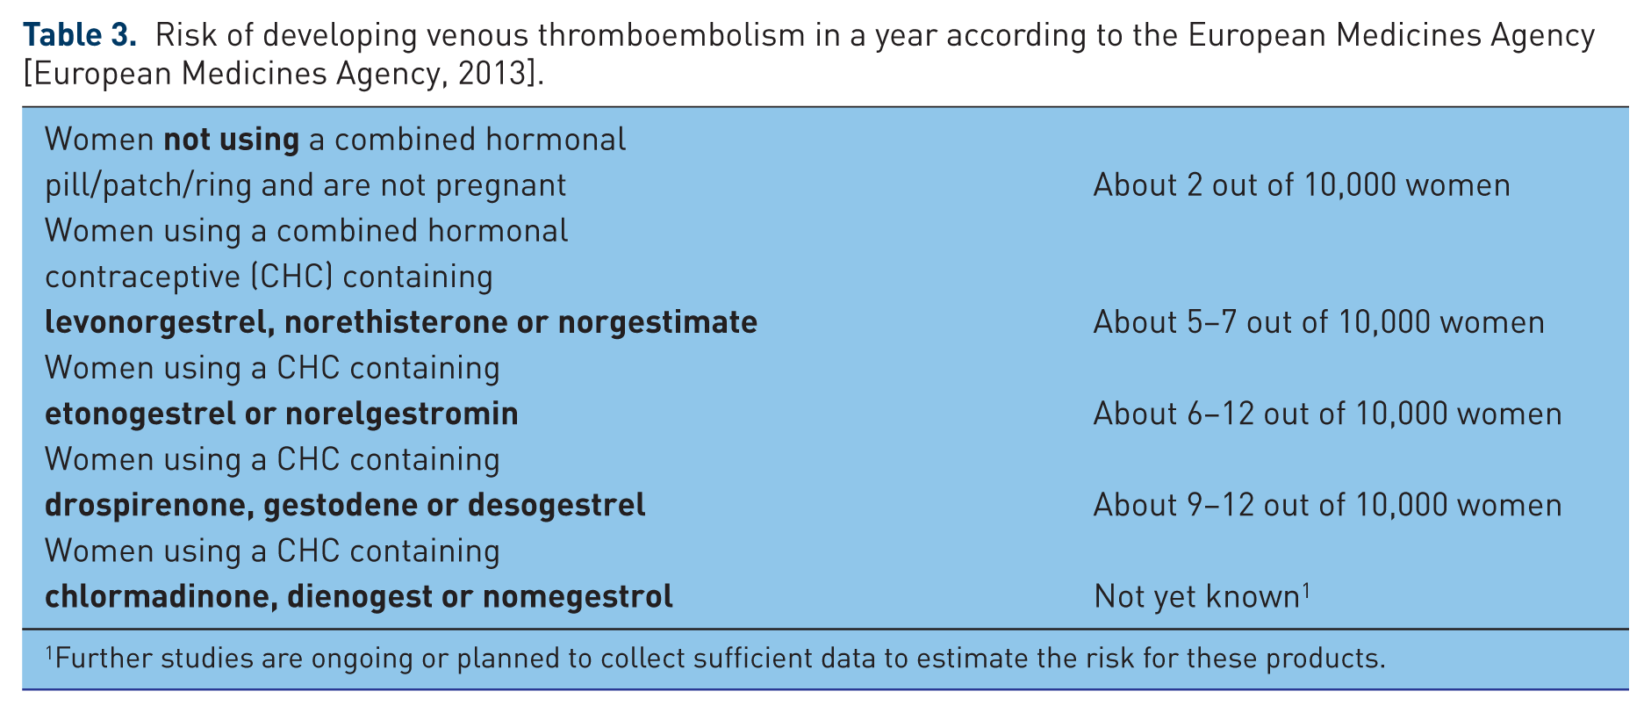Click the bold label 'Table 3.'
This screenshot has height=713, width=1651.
point(80,35)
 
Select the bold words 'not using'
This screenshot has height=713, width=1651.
point(232,140)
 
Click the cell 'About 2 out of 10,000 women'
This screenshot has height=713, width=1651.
point(1302,185)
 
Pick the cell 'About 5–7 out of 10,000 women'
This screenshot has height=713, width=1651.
point(1318,322)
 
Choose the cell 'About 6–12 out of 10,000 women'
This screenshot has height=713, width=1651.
point(1327,414)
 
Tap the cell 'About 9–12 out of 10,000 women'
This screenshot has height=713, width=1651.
point(1327,505)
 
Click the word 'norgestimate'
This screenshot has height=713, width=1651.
point(657,322)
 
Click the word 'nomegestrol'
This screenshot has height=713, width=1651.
point(578,596)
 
